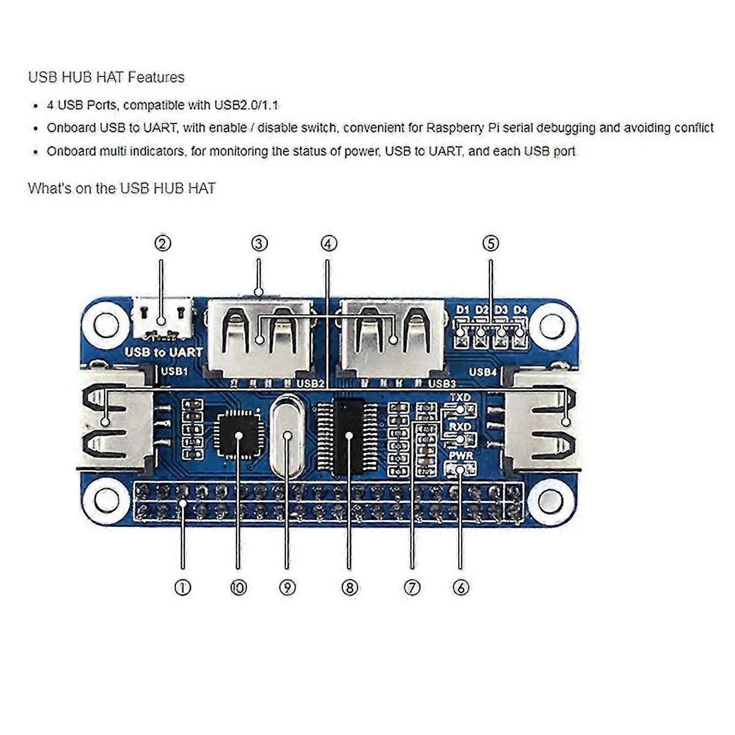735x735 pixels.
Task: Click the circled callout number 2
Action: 163,244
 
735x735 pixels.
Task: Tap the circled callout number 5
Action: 490,244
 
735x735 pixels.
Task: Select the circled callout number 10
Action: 238,587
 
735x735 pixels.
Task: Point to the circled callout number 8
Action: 350,587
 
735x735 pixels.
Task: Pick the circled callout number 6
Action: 461,587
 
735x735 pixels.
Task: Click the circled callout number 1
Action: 183,587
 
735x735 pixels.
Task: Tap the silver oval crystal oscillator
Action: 288,436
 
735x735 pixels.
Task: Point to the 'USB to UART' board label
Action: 163,352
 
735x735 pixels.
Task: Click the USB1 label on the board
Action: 174,371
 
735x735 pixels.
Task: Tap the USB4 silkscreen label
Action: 483,372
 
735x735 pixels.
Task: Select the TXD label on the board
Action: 460,397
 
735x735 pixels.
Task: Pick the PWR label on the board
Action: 461,456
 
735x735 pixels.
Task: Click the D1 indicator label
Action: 463,310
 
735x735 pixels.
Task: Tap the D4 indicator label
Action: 520,310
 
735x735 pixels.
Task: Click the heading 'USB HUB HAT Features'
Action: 106,77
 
